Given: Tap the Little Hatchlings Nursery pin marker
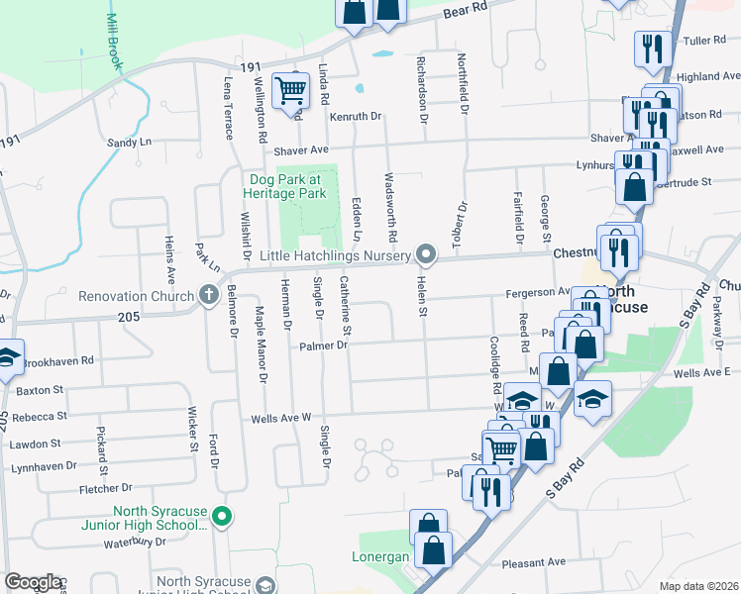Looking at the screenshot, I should [x=427, y=255].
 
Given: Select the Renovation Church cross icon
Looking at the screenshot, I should [x=208, y=294].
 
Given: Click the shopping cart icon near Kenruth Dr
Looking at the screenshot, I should [x=290, y=90].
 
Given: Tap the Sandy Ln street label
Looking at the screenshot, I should [x=129, y=143].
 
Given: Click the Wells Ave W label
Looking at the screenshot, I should [x=280, y=418].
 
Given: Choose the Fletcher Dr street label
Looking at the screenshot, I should [x=106, y=488].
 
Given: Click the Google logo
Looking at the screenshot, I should [x=34, y=582].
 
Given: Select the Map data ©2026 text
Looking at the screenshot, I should [x=699, y=586].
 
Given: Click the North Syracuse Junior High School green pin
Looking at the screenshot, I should [x=223, y=516].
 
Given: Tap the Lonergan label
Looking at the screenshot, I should [x=380, y=557].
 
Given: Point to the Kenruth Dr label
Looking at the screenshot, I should [x=356, y=117].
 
